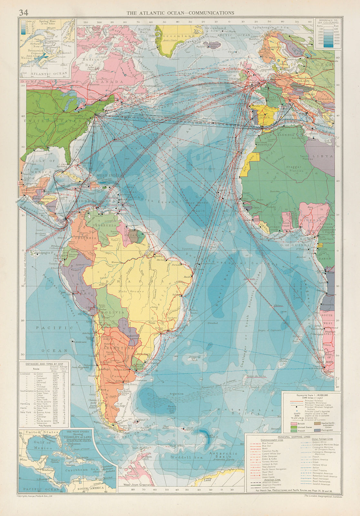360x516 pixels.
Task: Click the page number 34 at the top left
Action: pos(24,13)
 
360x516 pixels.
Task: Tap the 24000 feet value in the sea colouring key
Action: pos(336,44)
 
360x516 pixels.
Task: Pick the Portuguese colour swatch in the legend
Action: pos(317,430)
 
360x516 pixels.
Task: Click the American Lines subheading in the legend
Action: pos(273,480)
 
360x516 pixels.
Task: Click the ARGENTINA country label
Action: pos(118,348)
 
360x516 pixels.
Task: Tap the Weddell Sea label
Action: pos(180,457)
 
